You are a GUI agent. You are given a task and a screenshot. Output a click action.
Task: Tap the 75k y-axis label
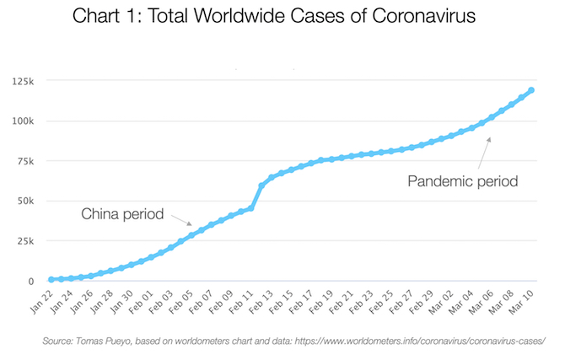(x=21, y=162)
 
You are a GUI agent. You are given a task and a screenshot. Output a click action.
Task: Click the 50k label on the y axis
(x=21, y=202)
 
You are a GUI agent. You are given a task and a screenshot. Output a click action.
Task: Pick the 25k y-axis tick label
(x=21, y=242)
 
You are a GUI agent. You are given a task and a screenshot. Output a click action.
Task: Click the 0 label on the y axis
(x=28, y=282)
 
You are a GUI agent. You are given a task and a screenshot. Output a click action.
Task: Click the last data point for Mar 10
(x=532, y=90)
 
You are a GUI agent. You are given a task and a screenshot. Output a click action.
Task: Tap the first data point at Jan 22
(x=51, y=279)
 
